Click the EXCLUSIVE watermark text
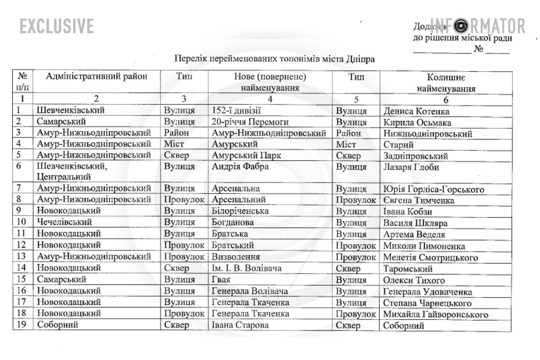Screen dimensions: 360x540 click(x=57, y=26)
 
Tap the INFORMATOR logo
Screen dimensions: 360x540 click(x=478, y=26)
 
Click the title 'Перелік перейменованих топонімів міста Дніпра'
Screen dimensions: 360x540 click(x=274, y=59)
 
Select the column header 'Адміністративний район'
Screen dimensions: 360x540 click(x=97, y=76)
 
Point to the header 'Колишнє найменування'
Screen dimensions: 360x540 click(x=446, y=83)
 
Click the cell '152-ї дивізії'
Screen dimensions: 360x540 click(x=236, y=111)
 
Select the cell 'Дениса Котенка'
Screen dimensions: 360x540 click(x=416, y=111)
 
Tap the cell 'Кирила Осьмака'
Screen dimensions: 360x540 click(x=417, y=122)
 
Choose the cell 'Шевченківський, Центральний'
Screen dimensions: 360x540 click(x=74, y=172)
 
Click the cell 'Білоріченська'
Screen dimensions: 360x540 click(x=240, y=211)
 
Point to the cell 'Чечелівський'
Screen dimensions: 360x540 click(x=65, y=222)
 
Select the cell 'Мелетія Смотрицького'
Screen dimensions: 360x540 click(x=430, y=257)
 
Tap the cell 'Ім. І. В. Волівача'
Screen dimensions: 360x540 click(x=247, y=269)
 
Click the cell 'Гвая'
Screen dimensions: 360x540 click(x=221, y=279)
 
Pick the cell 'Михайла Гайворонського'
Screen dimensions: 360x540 click(x=435, y=314)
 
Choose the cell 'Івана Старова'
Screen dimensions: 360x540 click(x=240, y=325)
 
